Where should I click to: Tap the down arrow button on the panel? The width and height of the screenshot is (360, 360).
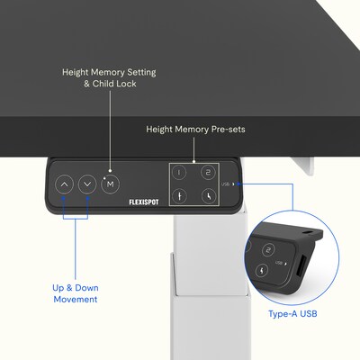tap(87, 184)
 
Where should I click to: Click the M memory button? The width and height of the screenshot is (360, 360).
tap(111, 184)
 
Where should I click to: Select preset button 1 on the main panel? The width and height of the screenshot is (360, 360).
tap(179, 173)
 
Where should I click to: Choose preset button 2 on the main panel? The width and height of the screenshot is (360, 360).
tap(209, 172)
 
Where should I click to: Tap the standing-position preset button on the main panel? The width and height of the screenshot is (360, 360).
tap(179, 196)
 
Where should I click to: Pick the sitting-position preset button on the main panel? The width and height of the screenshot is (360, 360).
tap(209, 196)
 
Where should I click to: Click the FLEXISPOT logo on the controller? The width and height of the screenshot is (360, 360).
tap(144, 202)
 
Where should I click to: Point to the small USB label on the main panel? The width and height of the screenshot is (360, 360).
tap(225, 184)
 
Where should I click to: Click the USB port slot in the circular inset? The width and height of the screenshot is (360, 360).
tap(301, 266)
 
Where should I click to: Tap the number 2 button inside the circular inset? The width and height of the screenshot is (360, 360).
tap(269, 250)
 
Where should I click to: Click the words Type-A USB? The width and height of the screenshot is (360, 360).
tap(292, 314)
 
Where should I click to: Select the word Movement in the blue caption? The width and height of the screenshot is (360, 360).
tap(76, 299)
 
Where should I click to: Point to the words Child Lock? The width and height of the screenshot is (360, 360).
tap(114, 84)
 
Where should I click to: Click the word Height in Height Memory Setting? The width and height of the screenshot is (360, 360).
tap(76, 73)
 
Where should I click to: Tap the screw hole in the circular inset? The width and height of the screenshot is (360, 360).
tap(308, 232)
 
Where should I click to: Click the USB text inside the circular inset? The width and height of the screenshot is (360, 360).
tap(279, 263)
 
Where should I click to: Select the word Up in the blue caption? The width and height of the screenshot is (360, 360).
tap(58, 288)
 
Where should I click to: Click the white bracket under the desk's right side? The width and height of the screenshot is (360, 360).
tap(302, 166)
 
